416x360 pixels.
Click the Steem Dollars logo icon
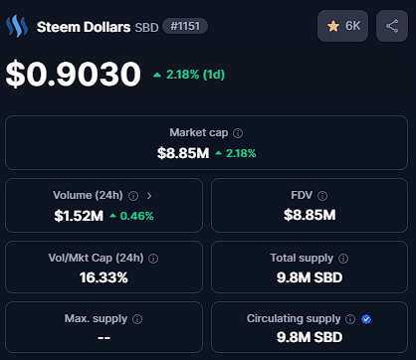point(17,26)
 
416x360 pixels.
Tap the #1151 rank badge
point(185,26)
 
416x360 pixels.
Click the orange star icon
point(333,26)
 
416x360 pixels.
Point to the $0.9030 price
point(74,75)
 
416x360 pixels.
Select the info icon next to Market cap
point(238,133)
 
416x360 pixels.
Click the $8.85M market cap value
point(183,153)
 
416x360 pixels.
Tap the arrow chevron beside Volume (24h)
point(149,196)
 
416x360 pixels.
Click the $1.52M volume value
point(79,216)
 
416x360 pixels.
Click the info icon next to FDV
point(322,196)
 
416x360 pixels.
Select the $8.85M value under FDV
point(310,215)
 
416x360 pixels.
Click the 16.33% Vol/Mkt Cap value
point(104,277)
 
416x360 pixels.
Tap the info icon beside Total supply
point(343,259)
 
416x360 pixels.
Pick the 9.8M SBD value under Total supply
point(310,277)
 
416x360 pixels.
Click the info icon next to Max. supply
point(137,319)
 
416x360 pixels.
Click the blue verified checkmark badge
point(366,319)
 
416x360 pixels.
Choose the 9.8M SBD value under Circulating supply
point(310,337)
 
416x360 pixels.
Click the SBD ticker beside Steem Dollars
point(146,27)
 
